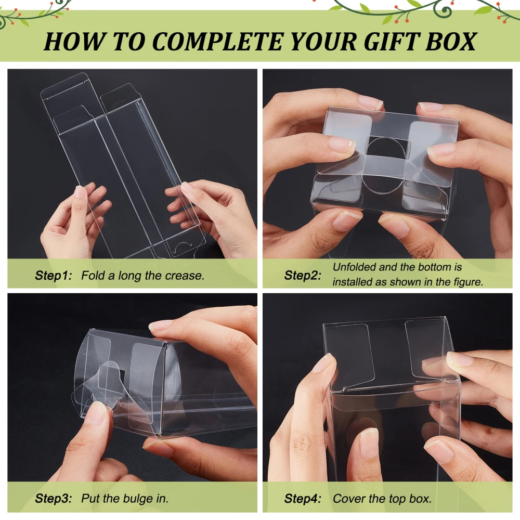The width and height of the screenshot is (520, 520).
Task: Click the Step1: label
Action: point(54,276)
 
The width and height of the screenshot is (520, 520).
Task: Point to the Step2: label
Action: point(303,275)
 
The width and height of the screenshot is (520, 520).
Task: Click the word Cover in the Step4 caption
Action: point(349,498)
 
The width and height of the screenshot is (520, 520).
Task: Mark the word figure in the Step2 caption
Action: point(466,282)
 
